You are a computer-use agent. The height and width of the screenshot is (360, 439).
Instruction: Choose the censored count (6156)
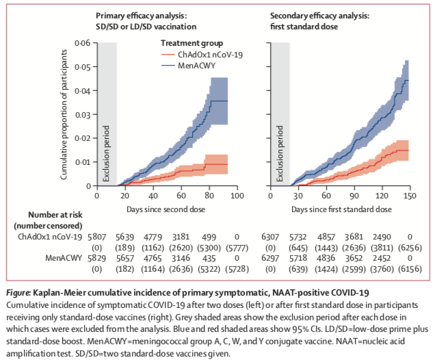point(408,271)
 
